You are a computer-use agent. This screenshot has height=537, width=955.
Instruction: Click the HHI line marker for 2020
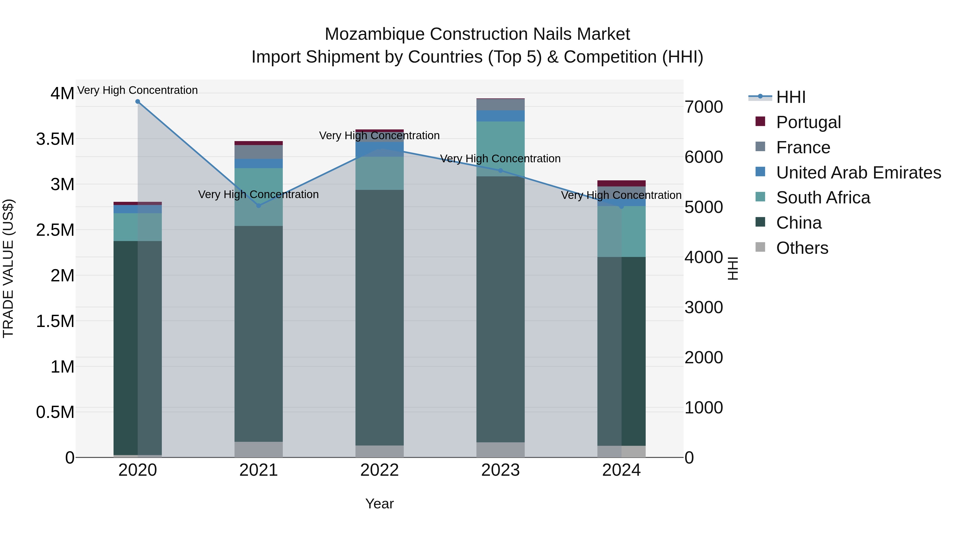[x=137, y=102]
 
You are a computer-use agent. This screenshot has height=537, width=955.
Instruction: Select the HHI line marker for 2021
[x=259, y=206]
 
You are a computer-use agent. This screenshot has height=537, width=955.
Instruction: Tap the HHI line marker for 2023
[x=501, y=171]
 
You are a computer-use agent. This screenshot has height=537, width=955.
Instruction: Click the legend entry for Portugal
[x=808, y=122]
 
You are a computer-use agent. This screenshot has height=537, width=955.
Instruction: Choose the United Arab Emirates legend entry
[x=858, y=173]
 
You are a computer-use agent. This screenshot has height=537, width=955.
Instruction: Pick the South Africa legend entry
[x=823, y=198]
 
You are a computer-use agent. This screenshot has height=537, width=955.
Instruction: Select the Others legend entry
[x=802, y=248]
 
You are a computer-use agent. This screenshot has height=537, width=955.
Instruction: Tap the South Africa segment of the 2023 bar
[x=501, y=148]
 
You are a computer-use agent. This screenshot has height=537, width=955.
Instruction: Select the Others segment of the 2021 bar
[x=259, y=449]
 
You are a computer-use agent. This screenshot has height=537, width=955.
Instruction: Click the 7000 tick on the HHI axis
[x=703, y=107]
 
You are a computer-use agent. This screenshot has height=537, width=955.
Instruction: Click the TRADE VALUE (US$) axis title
[x=8, y=268]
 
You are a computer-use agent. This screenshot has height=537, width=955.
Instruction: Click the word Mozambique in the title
[x=374, y=34]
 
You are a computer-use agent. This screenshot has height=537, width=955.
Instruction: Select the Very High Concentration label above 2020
[x=137, y=90]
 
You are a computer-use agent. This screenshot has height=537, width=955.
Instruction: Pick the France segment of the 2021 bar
[x=259, y=152]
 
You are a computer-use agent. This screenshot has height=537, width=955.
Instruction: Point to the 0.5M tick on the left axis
[x=55, y=412]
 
